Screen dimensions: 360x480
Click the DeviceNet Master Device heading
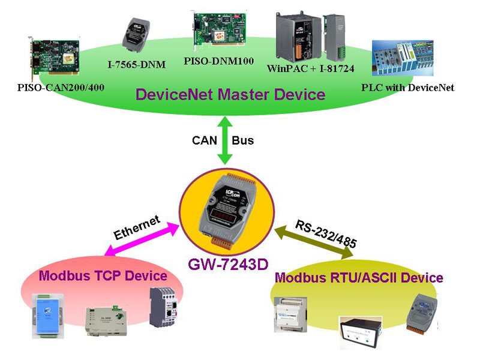230,94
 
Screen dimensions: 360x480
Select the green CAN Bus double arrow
224,141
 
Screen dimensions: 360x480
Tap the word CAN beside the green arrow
203,141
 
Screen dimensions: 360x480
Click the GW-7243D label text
228,263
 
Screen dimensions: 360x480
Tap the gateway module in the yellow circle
227,211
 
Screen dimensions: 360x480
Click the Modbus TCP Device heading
103,275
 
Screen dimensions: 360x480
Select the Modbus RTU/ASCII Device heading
359,278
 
